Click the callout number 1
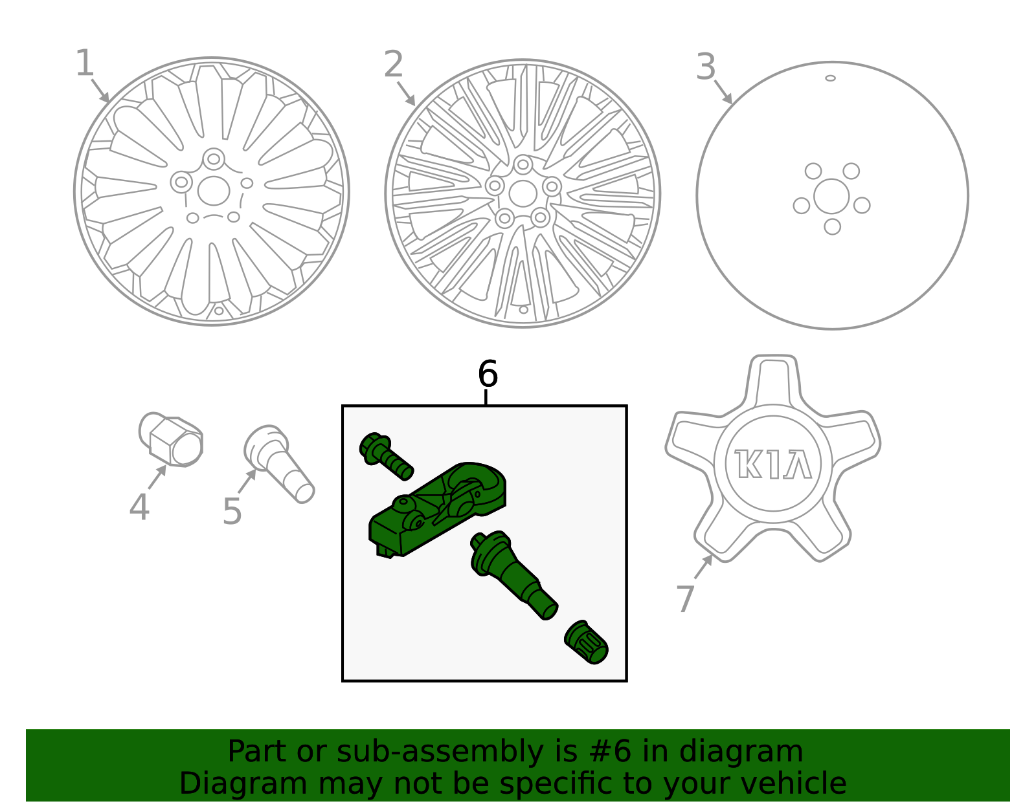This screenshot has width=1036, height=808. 85,63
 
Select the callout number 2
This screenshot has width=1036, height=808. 393,64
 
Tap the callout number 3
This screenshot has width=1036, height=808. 706,67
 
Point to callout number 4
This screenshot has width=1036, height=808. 139,507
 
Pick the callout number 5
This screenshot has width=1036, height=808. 232,511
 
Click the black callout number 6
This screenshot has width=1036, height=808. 488,374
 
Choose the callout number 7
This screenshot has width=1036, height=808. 686,598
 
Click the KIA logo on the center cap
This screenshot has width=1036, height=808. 773,464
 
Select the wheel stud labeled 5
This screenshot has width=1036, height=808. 278,463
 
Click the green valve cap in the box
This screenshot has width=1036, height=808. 586,642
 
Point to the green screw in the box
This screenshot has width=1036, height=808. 386,455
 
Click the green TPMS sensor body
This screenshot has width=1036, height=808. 437,510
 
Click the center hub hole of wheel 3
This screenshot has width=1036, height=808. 831,196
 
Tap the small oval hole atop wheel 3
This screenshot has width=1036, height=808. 830,78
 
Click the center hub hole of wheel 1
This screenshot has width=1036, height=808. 214,190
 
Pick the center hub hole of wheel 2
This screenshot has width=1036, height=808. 523,193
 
